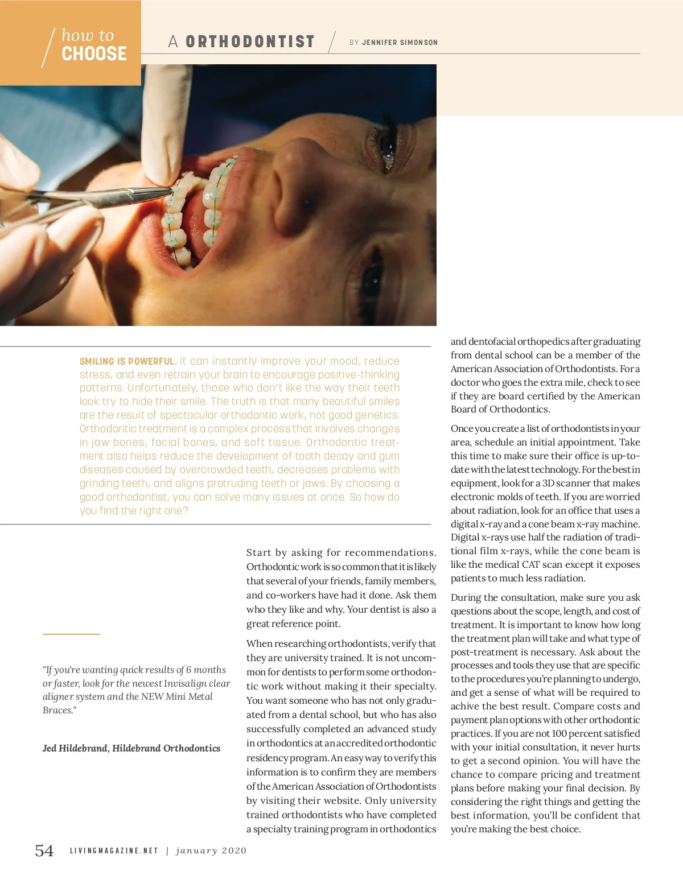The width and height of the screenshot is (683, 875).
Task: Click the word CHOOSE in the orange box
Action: [x=94, y=54]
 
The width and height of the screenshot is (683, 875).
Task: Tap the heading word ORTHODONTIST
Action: [x=250, y=42]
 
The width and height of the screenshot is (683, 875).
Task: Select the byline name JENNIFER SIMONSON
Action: [x=400, y=43]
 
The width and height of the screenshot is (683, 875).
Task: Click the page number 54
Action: [x=44, y=851]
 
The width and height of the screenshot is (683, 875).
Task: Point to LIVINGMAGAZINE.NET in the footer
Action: [x=114, y=851]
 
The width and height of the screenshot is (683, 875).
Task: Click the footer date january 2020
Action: [x=211, y=851]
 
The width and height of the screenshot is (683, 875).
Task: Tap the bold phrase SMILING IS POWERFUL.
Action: [x=127, y=361]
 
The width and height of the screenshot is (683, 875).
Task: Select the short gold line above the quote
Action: [x=71, y=634]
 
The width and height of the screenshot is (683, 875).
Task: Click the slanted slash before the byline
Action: [x=332, y=42]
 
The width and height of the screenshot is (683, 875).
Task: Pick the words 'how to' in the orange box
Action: [x=88, y=35]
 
